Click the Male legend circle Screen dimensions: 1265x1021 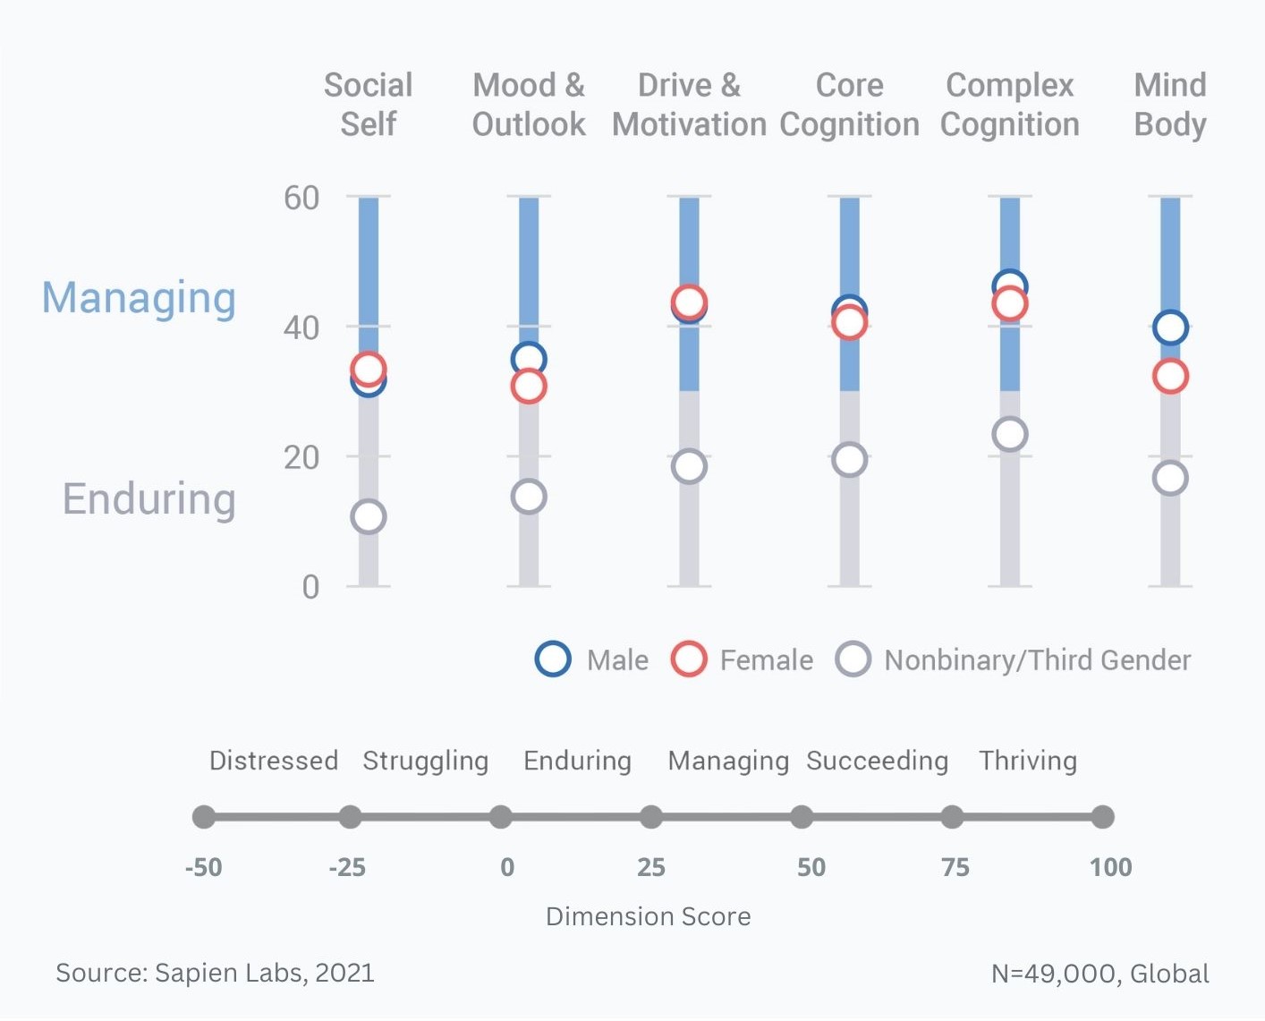[553, 644]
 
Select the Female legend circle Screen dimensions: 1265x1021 [688, 644]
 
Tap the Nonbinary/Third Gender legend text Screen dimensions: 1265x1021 [1038, 659]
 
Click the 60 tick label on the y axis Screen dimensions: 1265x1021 [301, 198]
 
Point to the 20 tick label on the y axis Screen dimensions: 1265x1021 [301, 457]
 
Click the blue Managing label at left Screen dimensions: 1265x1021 [139, 299]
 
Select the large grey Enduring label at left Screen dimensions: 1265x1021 [149, 499]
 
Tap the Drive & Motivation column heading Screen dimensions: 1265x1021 [689, 105]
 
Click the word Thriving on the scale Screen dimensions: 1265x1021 [1028, 761]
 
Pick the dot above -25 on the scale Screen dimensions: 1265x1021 [350, 817]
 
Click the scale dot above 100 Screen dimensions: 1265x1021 [1102, 817]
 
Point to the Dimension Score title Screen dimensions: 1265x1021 [649, 916]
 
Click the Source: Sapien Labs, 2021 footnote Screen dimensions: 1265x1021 [215, 973]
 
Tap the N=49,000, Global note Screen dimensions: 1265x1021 [1099, 974]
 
